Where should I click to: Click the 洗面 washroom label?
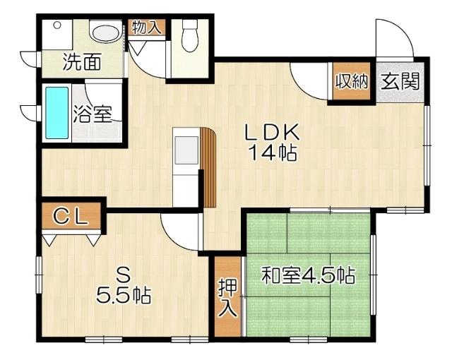pos(81,62)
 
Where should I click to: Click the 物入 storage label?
pos(147,28)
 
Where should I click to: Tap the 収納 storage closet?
pos(352,81)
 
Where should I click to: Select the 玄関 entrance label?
pos(400,81)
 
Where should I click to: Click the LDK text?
pos(273,132)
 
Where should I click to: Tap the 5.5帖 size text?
pos(124,296)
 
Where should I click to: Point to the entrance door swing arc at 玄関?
pos(393,39)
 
